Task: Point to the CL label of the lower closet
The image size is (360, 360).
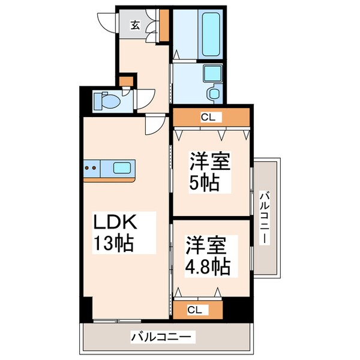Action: pos(194,310)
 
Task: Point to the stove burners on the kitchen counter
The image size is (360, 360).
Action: pos(92,168)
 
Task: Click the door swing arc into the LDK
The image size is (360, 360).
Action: pos(155,126)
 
